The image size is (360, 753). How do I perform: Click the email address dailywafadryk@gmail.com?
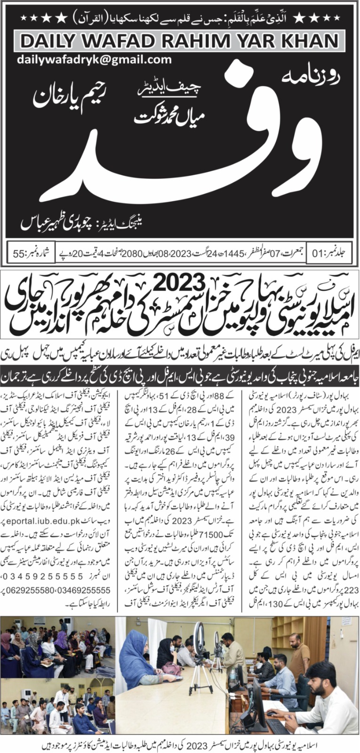pyautogui.click(x=94, y=60)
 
